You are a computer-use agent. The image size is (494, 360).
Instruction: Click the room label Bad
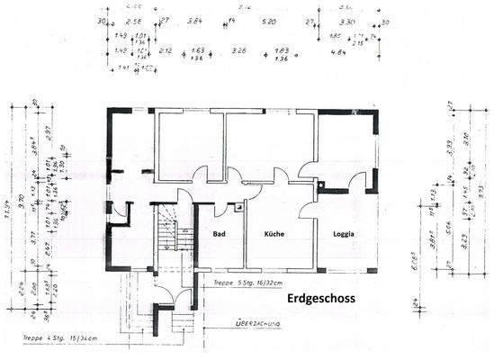point(218,235)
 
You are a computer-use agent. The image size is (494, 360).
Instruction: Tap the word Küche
point(274,235)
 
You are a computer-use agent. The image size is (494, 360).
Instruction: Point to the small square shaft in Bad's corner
point(238,207)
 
